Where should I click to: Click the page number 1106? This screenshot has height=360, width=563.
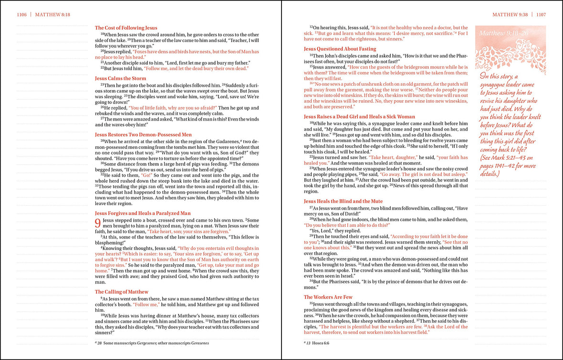[21, 15]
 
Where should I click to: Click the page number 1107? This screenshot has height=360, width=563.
[541, 15]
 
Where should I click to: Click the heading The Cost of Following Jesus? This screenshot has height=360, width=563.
[126, 28]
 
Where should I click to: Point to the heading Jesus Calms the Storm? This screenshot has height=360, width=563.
[120, 78]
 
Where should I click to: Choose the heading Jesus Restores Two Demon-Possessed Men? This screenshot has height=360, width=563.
[143, 135]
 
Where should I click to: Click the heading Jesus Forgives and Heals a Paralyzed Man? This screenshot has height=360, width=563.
[143, 213]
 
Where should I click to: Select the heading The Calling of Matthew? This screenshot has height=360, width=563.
[122, 292]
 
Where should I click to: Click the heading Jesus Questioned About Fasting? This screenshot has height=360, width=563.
[340, 49]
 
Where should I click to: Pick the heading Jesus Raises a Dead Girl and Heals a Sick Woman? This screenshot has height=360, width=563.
[359, 116]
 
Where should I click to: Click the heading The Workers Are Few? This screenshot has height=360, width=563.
[328, 297]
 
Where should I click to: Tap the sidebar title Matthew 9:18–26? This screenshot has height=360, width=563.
[503, 33]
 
